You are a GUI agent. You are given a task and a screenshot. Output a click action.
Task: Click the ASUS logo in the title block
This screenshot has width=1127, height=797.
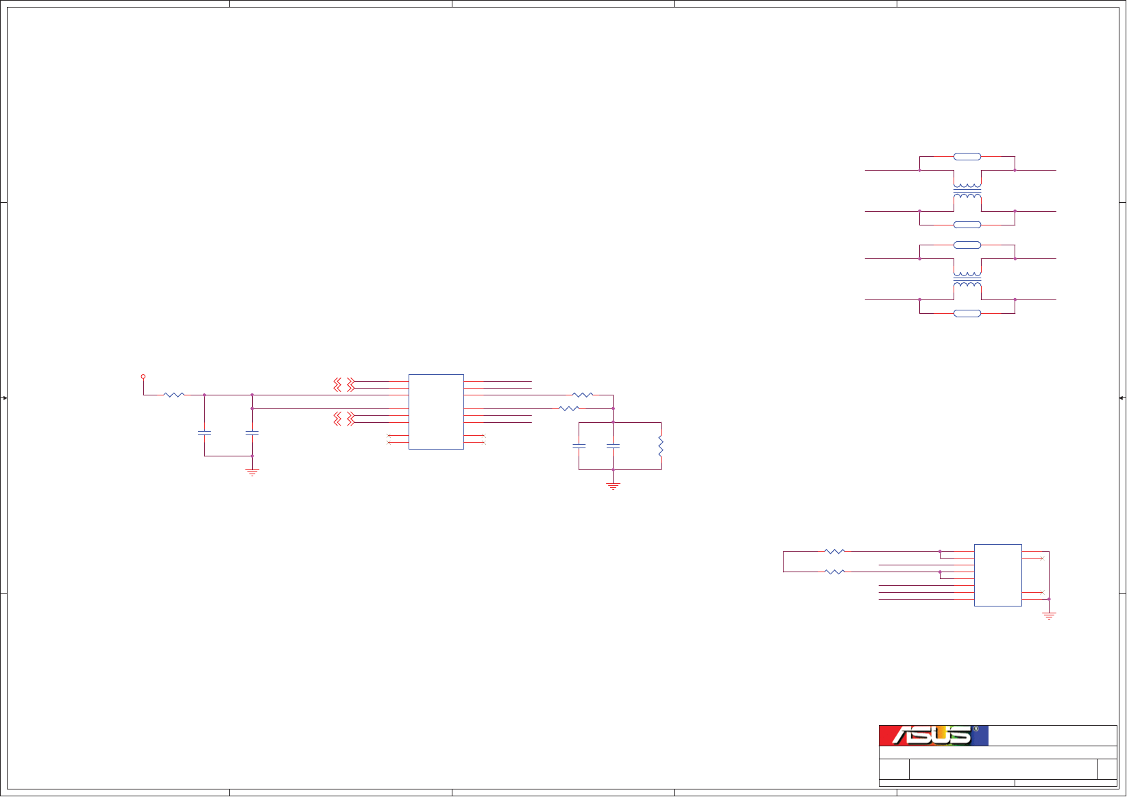[x=933, y=735]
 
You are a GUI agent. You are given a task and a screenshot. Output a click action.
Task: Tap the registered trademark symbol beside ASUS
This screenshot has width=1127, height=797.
[x=975, y=729]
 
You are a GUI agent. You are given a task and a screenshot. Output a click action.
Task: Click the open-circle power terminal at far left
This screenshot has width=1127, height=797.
[x=143, y=376]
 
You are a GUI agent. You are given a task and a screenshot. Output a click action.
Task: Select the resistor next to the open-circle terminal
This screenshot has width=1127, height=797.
[x=174, y=395]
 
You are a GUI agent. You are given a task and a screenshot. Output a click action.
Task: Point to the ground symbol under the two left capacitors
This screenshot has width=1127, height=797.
[x=252, y=472]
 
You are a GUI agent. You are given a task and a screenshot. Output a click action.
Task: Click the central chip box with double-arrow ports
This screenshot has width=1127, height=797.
[x=436, y=411]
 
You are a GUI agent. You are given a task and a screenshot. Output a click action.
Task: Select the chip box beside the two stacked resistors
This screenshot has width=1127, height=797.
[x=997, y=575]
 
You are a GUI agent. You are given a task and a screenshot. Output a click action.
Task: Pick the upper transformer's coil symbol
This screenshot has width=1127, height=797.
[x=967, y=191]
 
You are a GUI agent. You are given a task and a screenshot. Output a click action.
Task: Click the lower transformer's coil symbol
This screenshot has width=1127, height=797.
[x=967, y=279]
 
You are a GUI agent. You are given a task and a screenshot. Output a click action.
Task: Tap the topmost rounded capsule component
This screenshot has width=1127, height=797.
[x=967, y=156]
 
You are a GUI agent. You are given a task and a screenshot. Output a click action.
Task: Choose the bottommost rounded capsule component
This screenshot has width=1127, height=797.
[x=967, y=313]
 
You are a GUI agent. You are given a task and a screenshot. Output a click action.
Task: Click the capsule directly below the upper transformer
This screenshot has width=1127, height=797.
[x=967, y=225]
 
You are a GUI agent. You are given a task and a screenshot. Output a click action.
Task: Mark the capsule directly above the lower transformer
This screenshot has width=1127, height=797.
[x=967, y=245]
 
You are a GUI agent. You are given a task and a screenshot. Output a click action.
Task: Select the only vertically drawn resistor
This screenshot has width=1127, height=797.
[x=661, y=446]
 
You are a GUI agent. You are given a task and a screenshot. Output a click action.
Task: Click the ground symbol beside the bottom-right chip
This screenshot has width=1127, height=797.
[x=1049, y=615]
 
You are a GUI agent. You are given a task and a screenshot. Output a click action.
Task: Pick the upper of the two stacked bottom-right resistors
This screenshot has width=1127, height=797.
[x=834, y=551]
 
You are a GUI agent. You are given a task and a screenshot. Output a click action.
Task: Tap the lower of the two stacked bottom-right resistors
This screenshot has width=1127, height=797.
[x=834, y=572]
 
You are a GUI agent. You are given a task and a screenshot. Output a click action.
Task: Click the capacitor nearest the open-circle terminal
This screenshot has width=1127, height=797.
[x=204, y=433]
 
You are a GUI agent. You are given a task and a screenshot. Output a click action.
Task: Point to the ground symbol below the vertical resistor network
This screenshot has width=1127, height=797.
[x=613, y=486]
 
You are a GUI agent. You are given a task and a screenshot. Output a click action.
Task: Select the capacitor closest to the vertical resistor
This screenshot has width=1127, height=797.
[x=613, y=446]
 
